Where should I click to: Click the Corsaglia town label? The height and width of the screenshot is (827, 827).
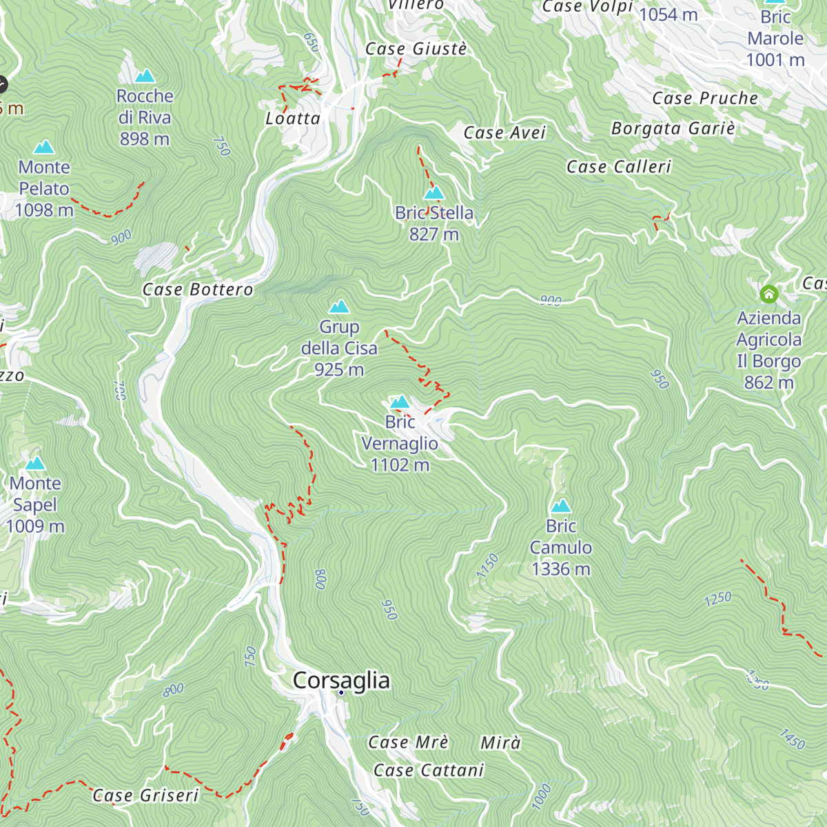pyautogui.click(x=341, y=680)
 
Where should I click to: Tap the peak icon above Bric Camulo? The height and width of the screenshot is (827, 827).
pyautogui.click(x=561, y=507)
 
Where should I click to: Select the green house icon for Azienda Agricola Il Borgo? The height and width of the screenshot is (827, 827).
pyautogui.click(x=768, y=294)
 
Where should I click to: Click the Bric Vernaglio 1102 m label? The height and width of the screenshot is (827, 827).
pyautogui.click(x=400, y=443)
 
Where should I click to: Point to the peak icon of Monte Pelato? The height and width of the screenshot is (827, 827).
pyautogui.click(x=44, y=147)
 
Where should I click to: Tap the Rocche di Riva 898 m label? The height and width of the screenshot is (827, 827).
pyautogui.click(x=145, y=117)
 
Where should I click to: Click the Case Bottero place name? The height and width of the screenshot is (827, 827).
pyautogui.click(x=198, y=289)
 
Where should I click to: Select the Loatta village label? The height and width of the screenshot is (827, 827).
pyautogui.click(x=293, y=119)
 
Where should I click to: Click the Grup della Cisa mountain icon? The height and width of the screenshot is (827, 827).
pyautogui.click(x=339, y=307)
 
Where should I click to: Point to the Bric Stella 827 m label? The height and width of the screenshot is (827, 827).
pyautogui.click(x=434, y=223)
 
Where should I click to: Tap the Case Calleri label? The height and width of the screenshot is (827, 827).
pyautogui.click(x=618, y=167)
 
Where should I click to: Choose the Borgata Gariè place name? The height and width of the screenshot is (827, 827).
pyautogui.click(x=673, y=129)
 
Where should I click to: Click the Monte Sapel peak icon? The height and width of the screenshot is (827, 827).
pyautogui.click(x=35, y=463)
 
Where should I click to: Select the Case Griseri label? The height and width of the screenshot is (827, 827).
pyautogui.click(x=145, y=795)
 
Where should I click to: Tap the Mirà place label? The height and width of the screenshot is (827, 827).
pyautogui.click(x=500, y=743)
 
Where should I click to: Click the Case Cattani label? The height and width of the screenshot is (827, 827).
pyautogui.click(x=429, y=770)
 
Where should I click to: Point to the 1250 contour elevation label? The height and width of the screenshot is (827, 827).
pyautogui.click(x=717, y=599)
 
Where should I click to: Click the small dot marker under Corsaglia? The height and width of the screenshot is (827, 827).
pyautogui.click(x=341, y=693)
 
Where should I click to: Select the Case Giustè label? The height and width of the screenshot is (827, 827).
pyautogui.click(x=416, y=49)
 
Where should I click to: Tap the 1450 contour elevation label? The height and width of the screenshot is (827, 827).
pyautogui.click(x=792, y=739)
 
